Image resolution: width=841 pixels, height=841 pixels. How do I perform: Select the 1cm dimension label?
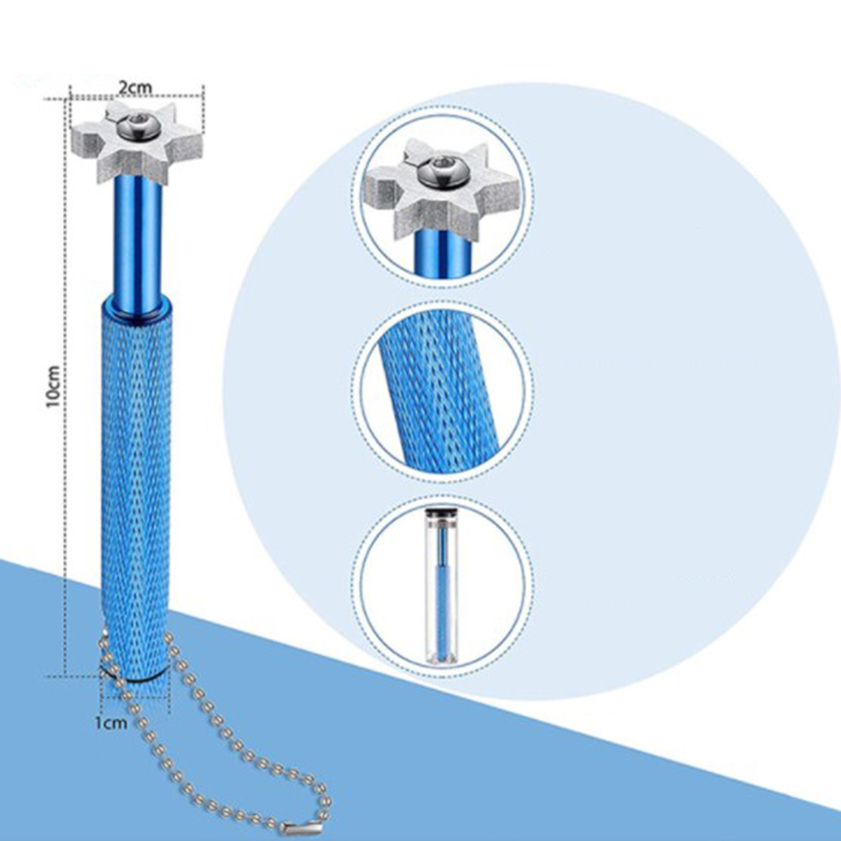pyautogui.click(x=111, y=723)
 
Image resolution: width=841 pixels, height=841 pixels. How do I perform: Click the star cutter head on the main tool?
pyautogui.click(x=137, y=142)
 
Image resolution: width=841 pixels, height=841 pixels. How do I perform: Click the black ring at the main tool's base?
pyautogui.click(x=136, y=678)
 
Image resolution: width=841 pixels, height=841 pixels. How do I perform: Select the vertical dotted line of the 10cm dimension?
pyautogui.click(x=65, y=386)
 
